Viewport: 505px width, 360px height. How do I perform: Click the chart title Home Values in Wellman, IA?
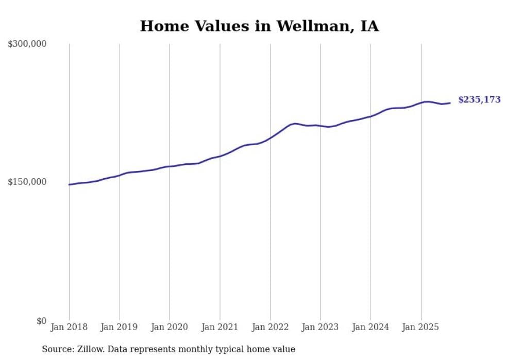coord(259,26)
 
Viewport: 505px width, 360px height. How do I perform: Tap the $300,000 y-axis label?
coord(27,44)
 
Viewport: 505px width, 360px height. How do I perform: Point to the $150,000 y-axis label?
coord(27,182)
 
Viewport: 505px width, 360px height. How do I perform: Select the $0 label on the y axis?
coord(41,321)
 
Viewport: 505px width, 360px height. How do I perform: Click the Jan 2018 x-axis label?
coord(69,327)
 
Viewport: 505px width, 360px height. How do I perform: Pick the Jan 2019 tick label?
coord(120,327)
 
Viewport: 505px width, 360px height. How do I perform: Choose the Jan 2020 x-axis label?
coord(170,327)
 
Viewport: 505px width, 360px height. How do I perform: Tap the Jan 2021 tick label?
coord(220,327)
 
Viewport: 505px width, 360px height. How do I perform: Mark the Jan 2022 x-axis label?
coord(270,327)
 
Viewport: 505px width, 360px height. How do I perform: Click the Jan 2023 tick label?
coord(321,327)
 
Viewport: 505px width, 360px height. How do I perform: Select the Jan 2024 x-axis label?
coord(371,327)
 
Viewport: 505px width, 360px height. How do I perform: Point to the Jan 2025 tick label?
coord(421,327)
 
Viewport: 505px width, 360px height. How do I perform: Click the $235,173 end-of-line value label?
coord(479,100)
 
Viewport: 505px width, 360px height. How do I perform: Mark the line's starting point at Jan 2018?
coord(69,184)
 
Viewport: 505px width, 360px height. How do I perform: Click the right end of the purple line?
coord(450,103)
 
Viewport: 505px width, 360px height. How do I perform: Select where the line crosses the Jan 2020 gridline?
coord(170,166)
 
